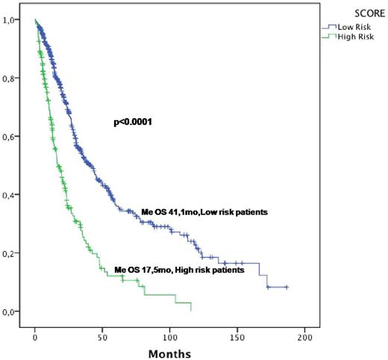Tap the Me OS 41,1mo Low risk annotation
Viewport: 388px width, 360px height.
click(204, 213)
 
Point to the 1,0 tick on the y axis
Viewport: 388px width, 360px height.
click(14, 20)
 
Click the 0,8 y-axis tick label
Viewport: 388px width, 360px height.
click(14, 78)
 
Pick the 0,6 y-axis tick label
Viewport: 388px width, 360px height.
click(14, 137)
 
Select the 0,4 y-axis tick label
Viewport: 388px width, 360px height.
click(14, 195)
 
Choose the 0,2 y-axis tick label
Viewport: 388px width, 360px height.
click(14, 253)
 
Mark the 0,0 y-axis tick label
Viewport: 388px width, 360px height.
click(14, 311)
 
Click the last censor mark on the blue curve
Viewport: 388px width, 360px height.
click(287, 287)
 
